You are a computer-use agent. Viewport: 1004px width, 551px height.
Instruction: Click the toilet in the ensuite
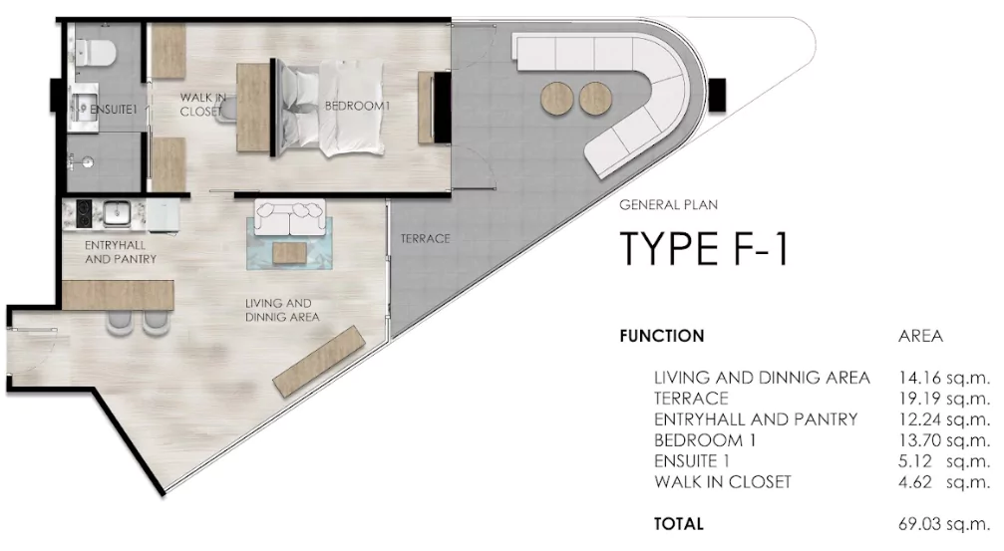coord(94,52)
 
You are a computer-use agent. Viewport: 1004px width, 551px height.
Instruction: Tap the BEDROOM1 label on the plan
coord(357,107)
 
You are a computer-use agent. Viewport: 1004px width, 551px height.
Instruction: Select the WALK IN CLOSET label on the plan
coord(203,105)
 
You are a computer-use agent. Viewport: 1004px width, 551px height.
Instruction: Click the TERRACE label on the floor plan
coord(425,239)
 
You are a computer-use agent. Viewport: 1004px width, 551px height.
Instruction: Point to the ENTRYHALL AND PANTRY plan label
coord(121,252)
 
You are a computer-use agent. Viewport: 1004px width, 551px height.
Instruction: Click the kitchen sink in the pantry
coord(118,213)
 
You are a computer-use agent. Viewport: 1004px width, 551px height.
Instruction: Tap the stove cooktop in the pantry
coord(84,214)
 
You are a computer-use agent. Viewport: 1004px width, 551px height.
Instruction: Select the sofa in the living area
coord(290,217)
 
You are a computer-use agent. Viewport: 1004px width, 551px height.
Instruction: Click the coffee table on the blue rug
coord(289,252)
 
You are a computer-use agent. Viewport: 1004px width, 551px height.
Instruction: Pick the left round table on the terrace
coord(556,99)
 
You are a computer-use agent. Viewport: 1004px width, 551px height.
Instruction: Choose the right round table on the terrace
coord(595,99)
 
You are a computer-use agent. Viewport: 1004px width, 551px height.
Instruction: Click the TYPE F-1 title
coord(704,248)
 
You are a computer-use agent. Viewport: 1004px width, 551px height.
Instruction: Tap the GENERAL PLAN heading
coord(668,205)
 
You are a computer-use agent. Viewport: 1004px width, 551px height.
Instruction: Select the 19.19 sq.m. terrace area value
coord(944,398)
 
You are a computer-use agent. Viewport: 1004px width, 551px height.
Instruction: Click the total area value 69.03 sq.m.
coord(944,523)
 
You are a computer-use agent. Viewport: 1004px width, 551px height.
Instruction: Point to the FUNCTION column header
coord(662,336)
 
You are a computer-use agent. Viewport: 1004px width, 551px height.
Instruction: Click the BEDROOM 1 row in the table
coord(705,440)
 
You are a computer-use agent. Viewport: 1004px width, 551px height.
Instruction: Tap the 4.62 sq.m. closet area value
coord(944,482)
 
